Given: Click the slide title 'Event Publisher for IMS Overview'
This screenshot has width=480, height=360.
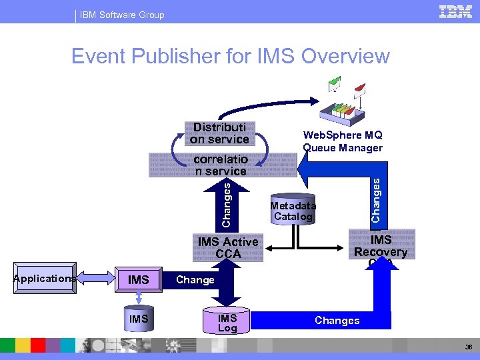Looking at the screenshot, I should click(x=230, y=56).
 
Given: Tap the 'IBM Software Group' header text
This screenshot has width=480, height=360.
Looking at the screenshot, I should click(x=121, y=15).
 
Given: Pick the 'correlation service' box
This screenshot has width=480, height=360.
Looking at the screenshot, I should click(x=220, y=165).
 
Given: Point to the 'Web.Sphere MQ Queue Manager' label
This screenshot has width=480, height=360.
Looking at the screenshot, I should click(x=343, y=141).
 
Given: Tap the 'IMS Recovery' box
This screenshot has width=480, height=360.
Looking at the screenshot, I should click(x=381, y=246).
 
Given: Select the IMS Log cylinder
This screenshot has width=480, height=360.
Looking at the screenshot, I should click(x=227, y=323).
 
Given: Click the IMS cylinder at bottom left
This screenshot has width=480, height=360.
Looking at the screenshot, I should click(x=139, y=320).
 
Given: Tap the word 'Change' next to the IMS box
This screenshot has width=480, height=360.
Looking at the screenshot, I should click(x=195, y=279).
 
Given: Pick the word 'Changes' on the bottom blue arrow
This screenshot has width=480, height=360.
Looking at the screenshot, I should click(x=337, y=320).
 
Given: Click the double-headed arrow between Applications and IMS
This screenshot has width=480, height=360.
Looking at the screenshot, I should click(x=97, y=277).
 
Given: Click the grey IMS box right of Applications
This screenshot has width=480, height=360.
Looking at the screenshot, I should click(x=139, y=279).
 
